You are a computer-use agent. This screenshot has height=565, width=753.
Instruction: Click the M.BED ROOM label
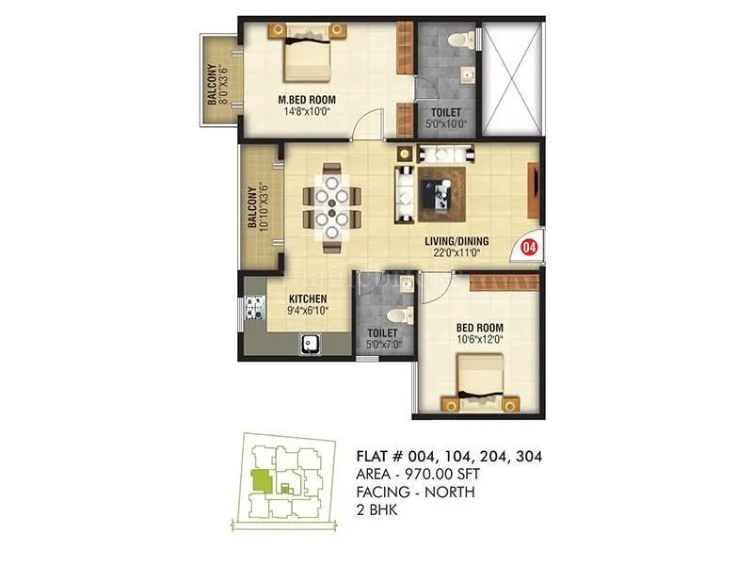point(307,100)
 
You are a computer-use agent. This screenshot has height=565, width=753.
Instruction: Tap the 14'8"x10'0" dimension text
point(307,113)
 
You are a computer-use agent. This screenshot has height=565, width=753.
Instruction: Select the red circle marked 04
point(529,248)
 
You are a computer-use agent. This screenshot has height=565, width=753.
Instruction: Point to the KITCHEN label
point(307,299)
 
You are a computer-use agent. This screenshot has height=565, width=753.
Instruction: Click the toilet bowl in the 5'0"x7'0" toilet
point(398,312)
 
